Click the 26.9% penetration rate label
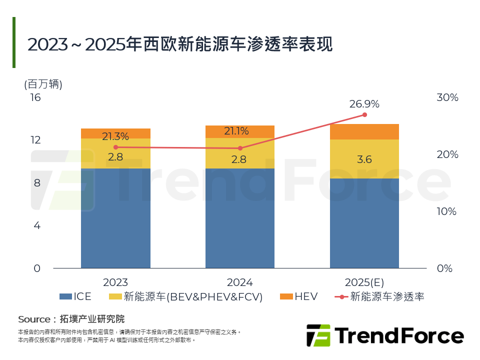click(364, 104)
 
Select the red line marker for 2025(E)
click(364, 115)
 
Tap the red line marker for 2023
click(115, 147)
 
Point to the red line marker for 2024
click(240, 148)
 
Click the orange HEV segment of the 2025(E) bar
click(364, 131)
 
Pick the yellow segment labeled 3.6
click(364, 159)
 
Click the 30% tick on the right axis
click(447, 97)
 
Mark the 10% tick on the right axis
click(447, 211)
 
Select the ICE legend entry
click(75, 296)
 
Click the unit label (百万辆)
click(43, 84)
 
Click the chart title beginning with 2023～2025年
click(180, 44)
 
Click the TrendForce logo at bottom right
click(384, 335)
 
